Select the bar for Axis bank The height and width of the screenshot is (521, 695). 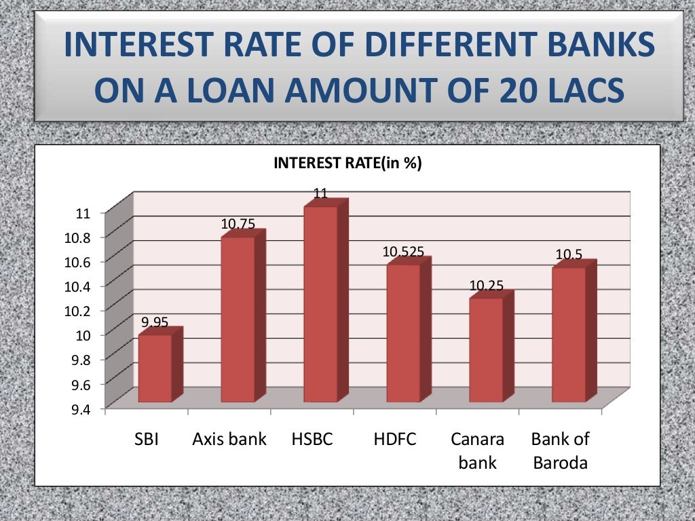pyautogui.click(x=238, y=319)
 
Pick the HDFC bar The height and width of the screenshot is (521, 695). pyautogui.click(x=403, y=332)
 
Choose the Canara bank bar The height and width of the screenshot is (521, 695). pyautogui.click(x=486, y=349)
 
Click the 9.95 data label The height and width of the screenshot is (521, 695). pyautogui.click(x=155, y=322)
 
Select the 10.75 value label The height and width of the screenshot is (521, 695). pyautogui.click(x=238, y=223)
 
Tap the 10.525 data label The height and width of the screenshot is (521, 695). pyautogui.click(x=403, y=252)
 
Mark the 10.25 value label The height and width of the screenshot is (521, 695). pyautogui.click(x=486, y=286)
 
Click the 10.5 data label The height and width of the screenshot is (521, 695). pyautogui.click(x=569, y=254)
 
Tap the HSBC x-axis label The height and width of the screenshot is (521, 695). pyautogui.click(x=312, y=439)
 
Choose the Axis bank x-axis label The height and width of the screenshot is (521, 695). pyautogui.click(x=229, y=439)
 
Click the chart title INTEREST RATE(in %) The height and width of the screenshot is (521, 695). pyautogui.click(x=347, y=163)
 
